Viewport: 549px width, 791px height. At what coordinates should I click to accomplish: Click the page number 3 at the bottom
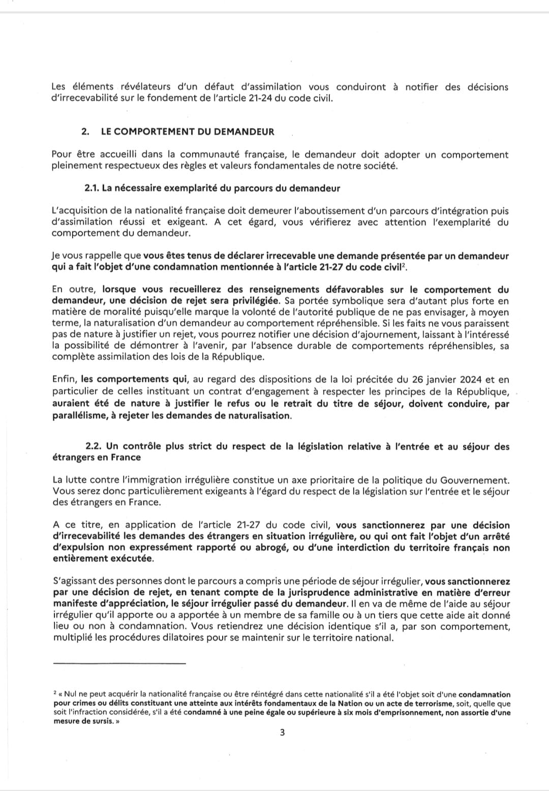point(282,732)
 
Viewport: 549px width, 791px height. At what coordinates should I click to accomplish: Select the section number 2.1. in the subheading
point(91,189)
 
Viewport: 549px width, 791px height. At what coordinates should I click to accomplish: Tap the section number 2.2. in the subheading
point(94,446)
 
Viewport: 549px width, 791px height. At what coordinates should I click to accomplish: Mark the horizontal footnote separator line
point(119,663)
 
